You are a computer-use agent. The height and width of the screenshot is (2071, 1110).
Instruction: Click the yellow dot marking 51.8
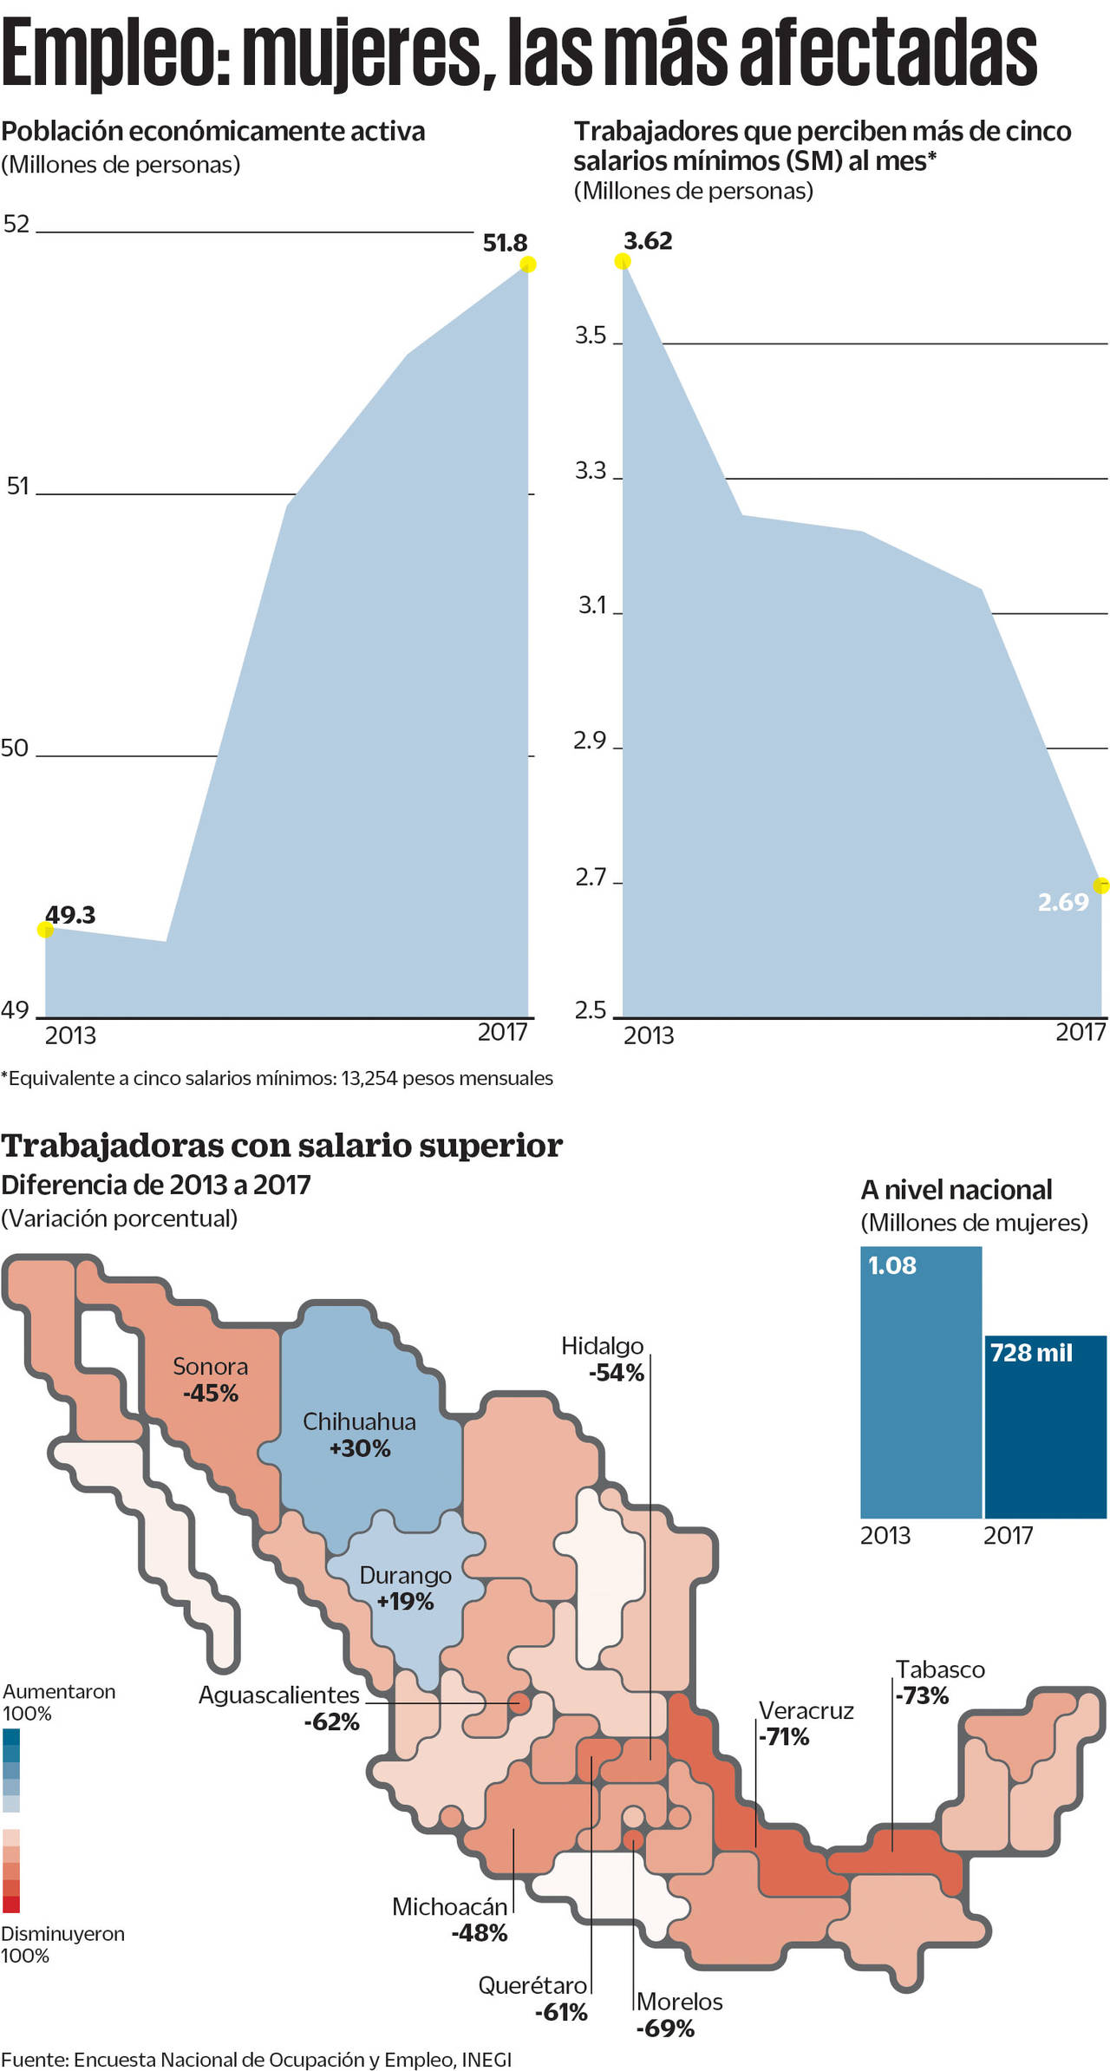click(527, 265)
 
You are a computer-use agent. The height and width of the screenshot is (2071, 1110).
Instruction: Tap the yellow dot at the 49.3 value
click(46, 930)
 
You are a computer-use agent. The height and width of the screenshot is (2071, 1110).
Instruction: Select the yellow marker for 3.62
click(622, 262)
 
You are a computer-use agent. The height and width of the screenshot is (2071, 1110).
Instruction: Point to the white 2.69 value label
click(1062, 903)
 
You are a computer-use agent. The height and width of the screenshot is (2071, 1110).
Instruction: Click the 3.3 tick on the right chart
click(591, 471)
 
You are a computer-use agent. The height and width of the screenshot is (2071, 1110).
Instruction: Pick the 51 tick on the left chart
click(18, 487)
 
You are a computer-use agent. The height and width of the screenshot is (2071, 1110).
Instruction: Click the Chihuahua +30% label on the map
click(359, 1434)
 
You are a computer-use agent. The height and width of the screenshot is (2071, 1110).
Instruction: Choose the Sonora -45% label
click(210, 1380)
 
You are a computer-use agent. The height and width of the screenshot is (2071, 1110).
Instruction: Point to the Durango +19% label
click(405, 1588)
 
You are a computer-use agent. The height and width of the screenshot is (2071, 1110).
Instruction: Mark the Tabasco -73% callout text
click(940, 1682)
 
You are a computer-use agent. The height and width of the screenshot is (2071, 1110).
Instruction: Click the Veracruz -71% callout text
click(806, 1723)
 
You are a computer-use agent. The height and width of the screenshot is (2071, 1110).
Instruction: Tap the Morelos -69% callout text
click(678, 2014)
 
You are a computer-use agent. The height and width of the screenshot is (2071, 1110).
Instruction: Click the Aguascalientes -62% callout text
click(279, 1708)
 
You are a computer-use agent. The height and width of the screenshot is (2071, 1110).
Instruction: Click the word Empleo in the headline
click(113, 54)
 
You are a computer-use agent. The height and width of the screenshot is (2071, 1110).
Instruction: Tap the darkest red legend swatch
click(11, 1904)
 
